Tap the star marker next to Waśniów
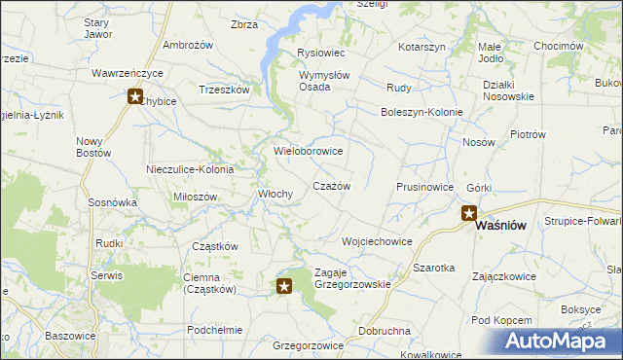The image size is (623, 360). (x=468, y=213)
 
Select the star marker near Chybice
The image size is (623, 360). (x=136, y=95)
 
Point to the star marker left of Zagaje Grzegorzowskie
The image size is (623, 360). (x=284, y=285)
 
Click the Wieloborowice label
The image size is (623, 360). (x=309, y=151)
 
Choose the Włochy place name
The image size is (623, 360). (x=275, y=194)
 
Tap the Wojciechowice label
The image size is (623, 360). (x=377, y=240)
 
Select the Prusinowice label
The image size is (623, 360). (x=425, y=186)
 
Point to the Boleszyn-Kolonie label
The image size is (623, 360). (x=421, y=111)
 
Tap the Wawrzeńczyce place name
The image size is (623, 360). (x=128, y=73)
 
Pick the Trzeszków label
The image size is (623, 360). (x=225, y=89)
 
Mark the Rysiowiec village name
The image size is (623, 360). (x=320, y=53)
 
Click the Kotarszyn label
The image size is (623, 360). (x=421, y=47)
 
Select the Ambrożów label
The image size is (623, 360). (x=188, y=46)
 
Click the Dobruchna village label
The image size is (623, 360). (x=384, y=331)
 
